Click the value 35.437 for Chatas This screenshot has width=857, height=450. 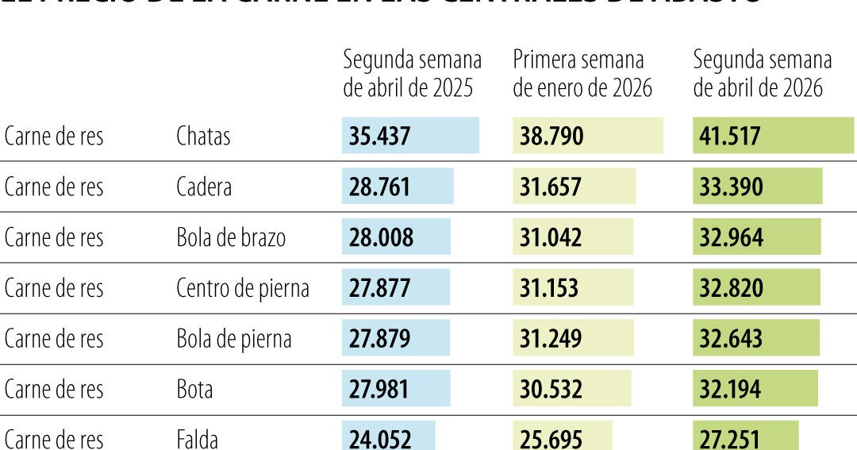(x=379, y=136)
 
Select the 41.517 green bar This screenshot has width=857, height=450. (x=773, y=136)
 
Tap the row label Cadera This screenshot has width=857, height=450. (x=204, y=187)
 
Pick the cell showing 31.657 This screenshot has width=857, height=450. (x=551, y=187)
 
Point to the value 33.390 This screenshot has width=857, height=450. (x=731, y=187)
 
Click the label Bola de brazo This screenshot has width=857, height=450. (x=230, y=237)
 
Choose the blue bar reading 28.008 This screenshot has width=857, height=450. (x=396, y=237)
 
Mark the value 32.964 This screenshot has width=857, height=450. (x=731, y=237)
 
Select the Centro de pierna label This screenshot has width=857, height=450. (x=242, y=288)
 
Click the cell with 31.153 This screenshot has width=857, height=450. (x=551, y=288)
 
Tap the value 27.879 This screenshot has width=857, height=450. (x=379, y=339)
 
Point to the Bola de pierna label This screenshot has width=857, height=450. (x=233, y=339)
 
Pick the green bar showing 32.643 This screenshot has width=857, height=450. (x=756, y=339)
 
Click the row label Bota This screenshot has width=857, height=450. (x=194, y=390)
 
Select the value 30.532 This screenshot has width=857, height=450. (x=551, y=390)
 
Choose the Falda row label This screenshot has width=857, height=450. (x=197, y=439)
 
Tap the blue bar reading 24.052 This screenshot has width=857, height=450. (x=389, y=439)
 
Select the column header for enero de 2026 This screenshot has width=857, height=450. (x=582, y=73)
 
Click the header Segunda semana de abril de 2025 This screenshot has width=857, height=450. (x=412, y=73)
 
